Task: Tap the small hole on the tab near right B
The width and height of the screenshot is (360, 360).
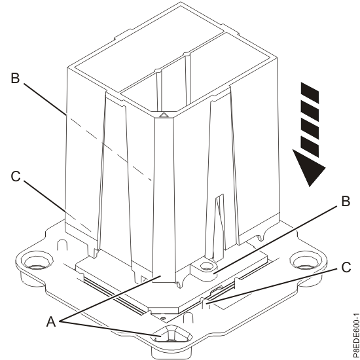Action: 206,266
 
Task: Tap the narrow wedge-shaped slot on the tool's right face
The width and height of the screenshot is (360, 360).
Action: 218,216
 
